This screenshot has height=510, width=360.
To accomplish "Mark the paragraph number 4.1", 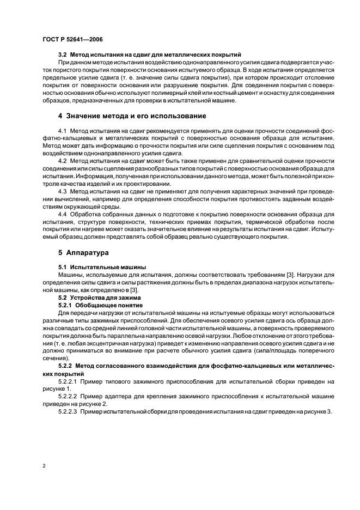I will (x=63, y=133).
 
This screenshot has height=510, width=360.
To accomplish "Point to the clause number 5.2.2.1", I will (x=68, y=381).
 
